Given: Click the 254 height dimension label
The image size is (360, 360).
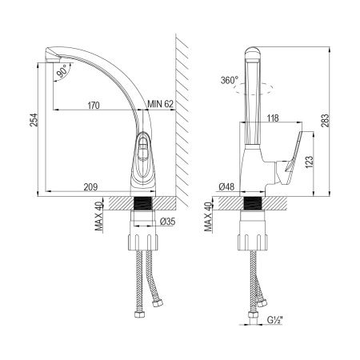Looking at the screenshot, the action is (34, 120).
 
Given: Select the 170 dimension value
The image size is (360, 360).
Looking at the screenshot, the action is (94, 106).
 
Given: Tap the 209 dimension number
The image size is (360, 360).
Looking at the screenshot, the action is (90, 187).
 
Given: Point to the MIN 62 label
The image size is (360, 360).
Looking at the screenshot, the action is (161, 104).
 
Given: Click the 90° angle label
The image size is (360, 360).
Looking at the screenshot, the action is (62, 71).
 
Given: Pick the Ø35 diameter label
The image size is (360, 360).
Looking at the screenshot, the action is (167, 222).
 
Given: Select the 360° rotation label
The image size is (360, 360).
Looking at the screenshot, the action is (230, 80).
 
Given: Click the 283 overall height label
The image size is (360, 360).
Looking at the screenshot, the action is (326, 121).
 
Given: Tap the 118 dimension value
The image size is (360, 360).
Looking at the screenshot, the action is (272, 118).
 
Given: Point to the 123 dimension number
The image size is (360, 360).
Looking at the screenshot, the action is (309, 162).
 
